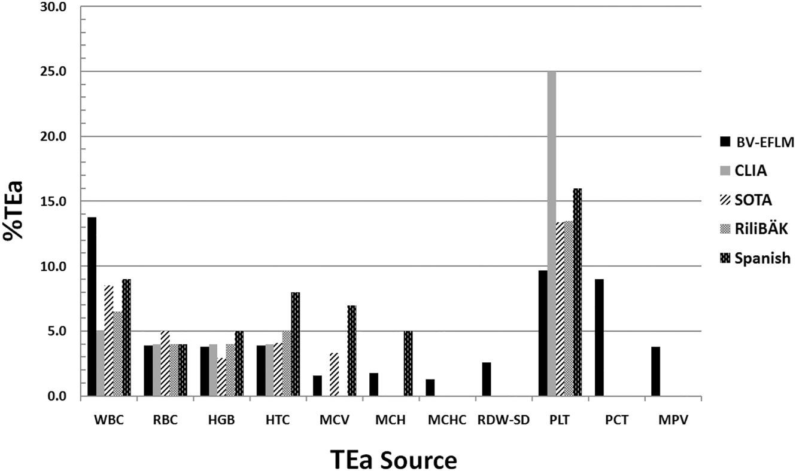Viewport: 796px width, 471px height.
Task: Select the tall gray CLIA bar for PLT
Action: coord(551,233)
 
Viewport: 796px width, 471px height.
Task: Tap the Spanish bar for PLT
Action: coord(578,292)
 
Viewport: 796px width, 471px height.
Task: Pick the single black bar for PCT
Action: coord(600,338)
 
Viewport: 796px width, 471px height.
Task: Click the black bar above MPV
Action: coord(656,371)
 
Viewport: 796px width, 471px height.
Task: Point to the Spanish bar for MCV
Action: coord(352,350)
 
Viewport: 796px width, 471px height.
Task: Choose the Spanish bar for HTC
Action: coord(295,344)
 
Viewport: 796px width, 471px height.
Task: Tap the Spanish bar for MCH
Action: coord(408,363)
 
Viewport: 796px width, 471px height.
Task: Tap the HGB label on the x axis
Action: coord(221,420)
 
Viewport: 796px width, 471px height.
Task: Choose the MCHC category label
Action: coord(447,420)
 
